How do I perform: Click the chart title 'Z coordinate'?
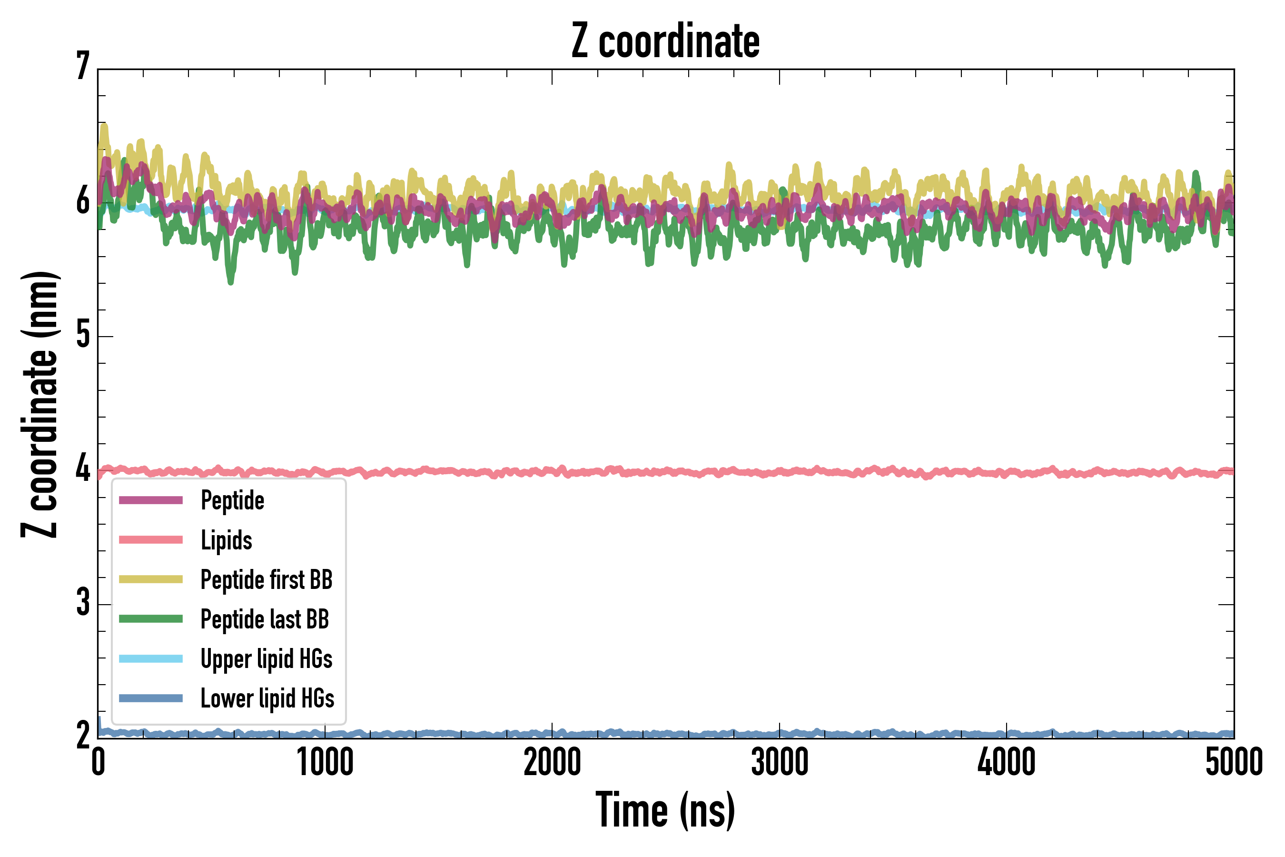665,41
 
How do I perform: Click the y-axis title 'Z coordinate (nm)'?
40,404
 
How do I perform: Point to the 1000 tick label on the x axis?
325,762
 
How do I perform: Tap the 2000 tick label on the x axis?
552,762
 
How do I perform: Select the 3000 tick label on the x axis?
779,762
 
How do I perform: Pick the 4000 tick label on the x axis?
1007,762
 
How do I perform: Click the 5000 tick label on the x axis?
1234,762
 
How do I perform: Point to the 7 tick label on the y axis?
83,67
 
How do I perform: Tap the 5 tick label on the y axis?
83,335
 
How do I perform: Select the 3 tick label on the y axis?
83,602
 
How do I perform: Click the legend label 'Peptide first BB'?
266,579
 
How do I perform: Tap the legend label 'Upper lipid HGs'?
266,658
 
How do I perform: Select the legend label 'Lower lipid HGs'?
267,698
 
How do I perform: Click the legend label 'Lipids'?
226,540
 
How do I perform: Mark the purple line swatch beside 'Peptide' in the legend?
151,500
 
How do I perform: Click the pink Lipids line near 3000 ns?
779,472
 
